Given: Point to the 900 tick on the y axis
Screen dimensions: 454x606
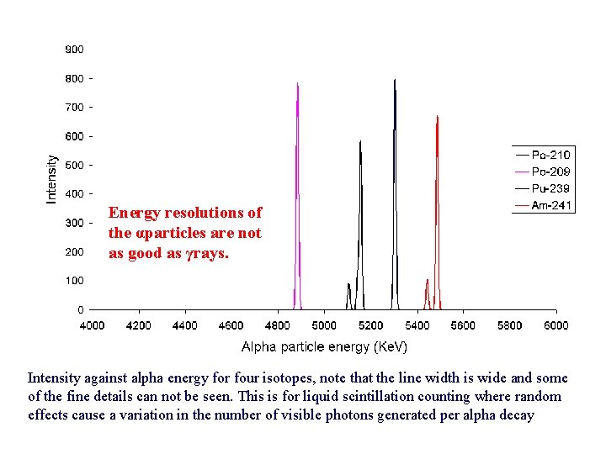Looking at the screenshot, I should (74, 50).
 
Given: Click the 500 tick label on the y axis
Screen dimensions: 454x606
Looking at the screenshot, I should (74, 166).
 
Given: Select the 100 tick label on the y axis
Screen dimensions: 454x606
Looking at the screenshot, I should (74, 281).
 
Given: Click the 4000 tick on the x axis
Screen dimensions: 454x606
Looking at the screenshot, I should (92, 325).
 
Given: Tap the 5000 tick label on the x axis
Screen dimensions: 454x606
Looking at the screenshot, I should (324, 325).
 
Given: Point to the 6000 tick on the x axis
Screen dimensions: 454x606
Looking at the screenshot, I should (555, 325).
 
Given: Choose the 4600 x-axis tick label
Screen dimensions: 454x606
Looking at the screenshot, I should (231, 325).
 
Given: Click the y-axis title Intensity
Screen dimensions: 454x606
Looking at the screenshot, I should (51, 178).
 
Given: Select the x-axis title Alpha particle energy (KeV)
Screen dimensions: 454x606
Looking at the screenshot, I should (324, 346).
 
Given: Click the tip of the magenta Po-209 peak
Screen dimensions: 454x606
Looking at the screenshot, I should (297, 83).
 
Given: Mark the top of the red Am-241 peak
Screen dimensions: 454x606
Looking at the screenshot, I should (437, 117).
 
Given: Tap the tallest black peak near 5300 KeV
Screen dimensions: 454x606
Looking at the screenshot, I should (395, 81).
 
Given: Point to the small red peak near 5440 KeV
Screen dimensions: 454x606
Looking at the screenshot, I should (428, 281).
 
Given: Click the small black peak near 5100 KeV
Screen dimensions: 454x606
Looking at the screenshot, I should (348, 285).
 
